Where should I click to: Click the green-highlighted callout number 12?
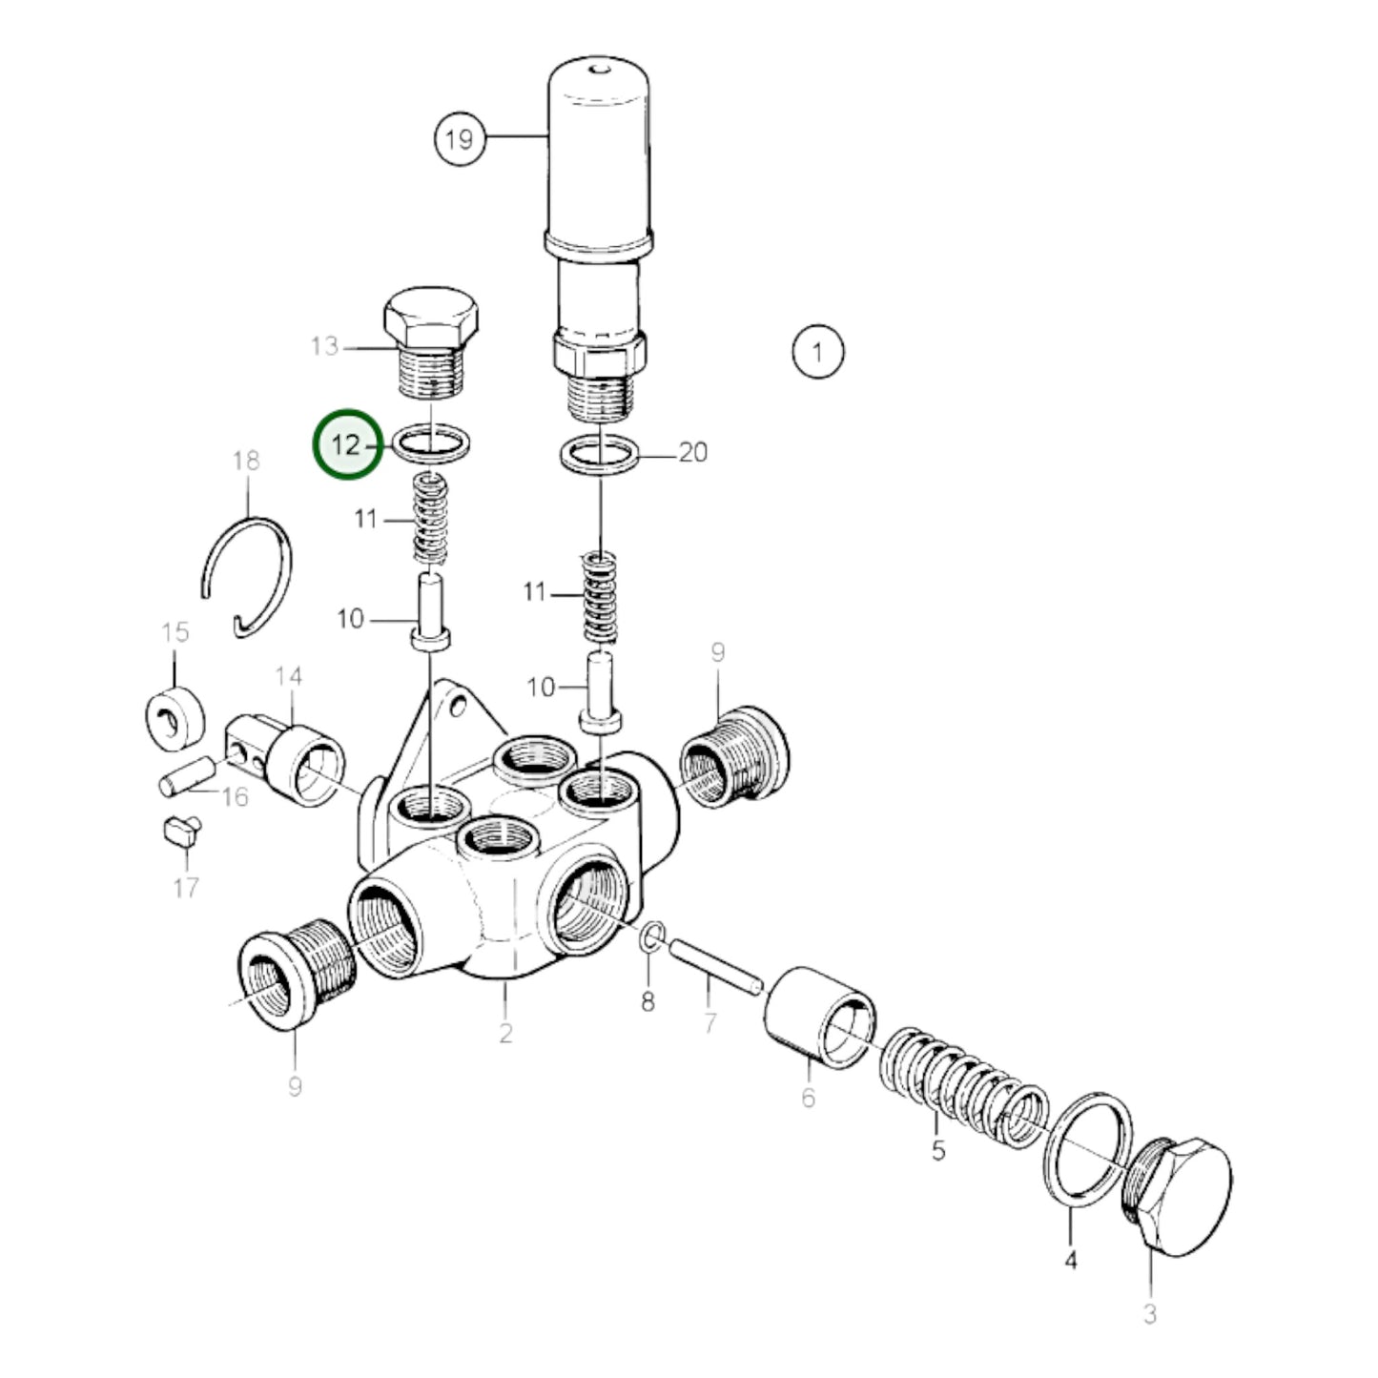click(348, 444)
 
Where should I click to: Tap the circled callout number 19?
click(460, 139)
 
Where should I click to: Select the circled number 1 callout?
click(817, 353)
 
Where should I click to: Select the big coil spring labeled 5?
click(963, 1088)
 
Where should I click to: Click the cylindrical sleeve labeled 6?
click(819, 1018)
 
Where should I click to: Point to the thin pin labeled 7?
click(714, 967)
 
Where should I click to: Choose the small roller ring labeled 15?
click(175, 717)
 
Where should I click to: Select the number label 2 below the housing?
click(504, 1033)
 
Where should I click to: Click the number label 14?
click(288, 677)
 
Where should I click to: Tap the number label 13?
click(324, 346)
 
